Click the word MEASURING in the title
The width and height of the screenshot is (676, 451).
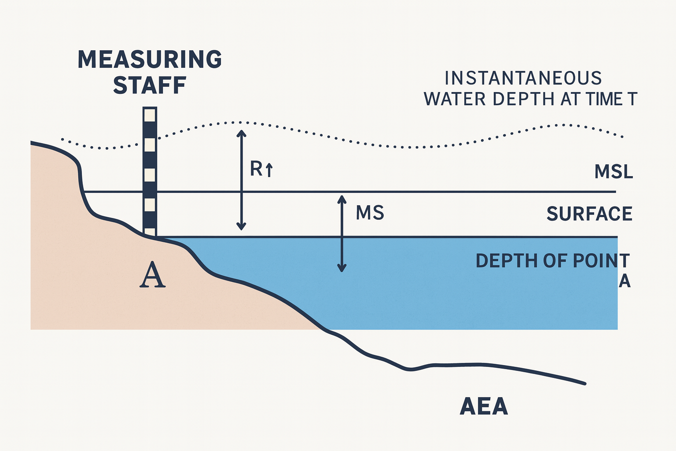(150, 59)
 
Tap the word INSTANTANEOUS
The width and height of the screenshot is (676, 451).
(523, 78)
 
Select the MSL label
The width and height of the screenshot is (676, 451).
(614, 172)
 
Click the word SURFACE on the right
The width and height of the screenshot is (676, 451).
(589, 214)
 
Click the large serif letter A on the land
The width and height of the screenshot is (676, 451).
(152, 275)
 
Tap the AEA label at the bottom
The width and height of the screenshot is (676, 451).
(484, 407)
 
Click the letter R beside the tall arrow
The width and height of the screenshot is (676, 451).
(256, 169)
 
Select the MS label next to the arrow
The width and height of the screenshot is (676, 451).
(370, 213)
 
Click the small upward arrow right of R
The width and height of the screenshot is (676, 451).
(269, 170)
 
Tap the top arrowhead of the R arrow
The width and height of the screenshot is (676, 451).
(241, 133)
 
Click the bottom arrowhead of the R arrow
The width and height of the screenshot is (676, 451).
(241, 227)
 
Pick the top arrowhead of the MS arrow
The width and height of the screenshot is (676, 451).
(342, 198)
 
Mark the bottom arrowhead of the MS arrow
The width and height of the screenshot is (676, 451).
(342, 268)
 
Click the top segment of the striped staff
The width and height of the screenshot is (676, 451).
(150, 115)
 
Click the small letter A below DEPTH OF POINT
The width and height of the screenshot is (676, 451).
(625, 281)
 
